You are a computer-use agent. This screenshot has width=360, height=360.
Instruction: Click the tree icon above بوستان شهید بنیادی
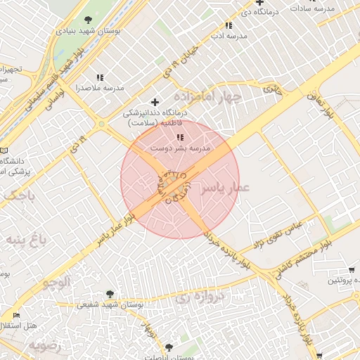87,20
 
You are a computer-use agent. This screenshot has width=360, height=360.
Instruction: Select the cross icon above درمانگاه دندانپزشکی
155,102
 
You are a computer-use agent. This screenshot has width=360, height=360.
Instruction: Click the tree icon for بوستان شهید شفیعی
110,294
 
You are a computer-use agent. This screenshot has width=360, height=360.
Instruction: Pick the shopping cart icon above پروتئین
352,270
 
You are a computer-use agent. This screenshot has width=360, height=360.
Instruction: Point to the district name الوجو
56,283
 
